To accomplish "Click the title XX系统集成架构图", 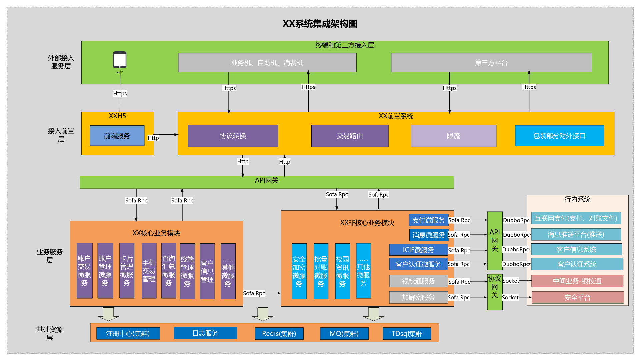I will (x=320, y=24).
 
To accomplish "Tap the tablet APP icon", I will (x=119, y=60).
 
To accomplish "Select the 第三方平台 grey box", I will (x=491, y=63).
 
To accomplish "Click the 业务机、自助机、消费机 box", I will (x=267, y=63).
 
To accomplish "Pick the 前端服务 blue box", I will (x=117, y=136).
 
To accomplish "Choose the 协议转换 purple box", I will (x=233, y=136).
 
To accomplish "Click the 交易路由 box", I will (x=350, y=136).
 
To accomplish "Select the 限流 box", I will (x=453, y=136).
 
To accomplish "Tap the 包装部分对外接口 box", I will (x=559, y=136).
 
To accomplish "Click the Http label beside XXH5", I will (x=153, y=138).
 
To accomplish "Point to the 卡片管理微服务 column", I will (x=127, y=271).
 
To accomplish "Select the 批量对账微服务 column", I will (x=321, y=271).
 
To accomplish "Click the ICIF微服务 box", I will (x=418, y=250).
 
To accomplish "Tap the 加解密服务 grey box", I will (x=418, y=297).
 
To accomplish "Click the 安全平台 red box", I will (x=577, y=297).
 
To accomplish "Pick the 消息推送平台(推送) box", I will (x=576, y=234).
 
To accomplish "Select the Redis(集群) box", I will (x=279, y=333).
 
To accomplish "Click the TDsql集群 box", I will (x=407, y=333).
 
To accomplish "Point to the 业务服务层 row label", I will (x=49, y=256).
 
